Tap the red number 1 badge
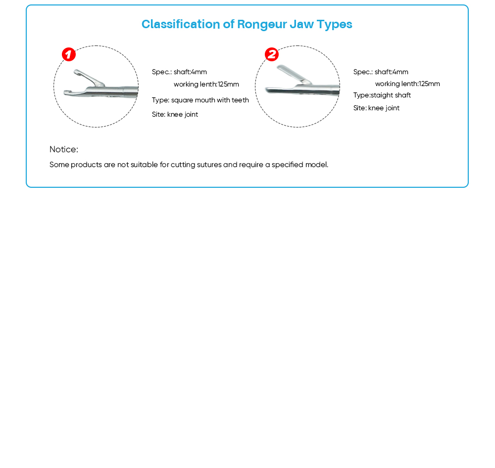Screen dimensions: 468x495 (x=69, y=54)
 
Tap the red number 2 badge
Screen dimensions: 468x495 (x=271, y=54)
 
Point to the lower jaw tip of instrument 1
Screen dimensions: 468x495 (x=67, y=92)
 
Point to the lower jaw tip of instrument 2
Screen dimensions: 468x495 (x=268, y=90)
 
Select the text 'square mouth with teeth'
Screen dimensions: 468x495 (x=210, y=100)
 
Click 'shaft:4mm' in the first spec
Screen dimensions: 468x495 (x=190, y=72)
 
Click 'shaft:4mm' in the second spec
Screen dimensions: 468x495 (x=392, y=72)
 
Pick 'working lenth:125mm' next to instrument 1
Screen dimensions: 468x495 (x=206, y=85)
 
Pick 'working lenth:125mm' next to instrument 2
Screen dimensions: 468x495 (x=407, y=84)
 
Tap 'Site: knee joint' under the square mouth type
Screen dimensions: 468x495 (x=175, y=115)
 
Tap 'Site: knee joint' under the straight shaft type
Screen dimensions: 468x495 (x=376, y=108)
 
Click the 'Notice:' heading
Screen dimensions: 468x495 (x=64, y=150)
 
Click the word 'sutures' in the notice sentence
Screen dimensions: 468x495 (x=210, y=165)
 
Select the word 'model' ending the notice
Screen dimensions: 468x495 (x=316, y=165)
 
